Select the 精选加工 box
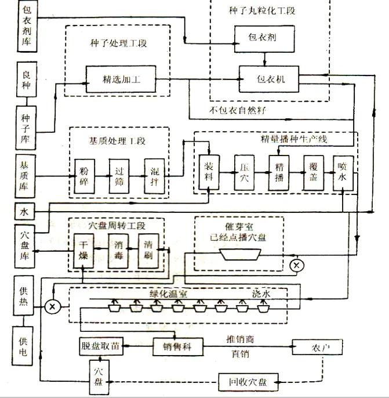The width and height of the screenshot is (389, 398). [x=121, y=78]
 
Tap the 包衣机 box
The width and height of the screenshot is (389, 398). [x=269, y=78]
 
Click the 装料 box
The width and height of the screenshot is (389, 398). [x=209, y=172]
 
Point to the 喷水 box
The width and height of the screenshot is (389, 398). [x=343, y=172]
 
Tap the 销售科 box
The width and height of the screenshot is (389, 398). [x=172, y=347]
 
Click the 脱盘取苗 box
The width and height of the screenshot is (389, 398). [x=100, y=347]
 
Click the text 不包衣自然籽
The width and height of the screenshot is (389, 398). [x=238, y=110]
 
